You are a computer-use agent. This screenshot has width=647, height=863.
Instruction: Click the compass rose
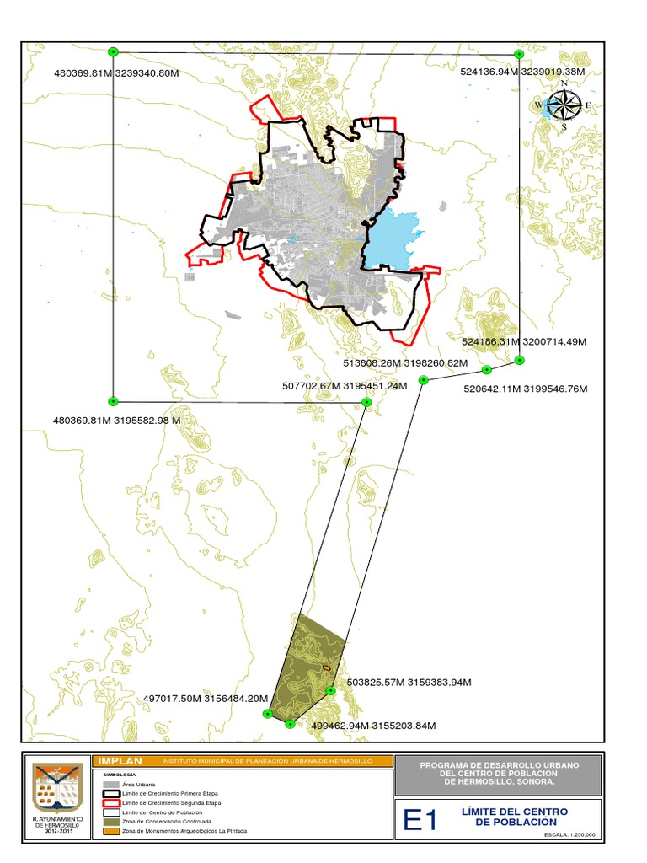(564, 106)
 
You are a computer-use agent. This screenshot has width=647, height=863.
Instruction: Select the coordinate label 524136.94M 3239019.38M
(523, 72)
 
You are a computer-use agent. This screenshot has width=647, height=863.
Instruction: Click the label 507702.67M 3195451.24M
(345, 386)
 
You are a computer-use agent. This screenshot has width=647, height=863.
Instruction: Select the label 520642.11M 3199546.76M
(526, 389)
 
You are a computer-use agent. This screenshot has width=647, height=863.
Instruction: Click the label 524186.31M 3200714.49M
(524, 342)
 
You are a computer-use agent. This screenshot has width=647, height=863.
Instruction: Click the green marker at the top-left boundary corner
(114, 52)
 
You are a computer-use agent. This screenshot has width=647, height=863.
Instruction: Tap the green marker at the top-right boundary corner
(519, 53)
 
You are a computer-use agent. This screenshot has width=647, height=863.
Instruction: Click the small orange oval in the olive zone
(325, 669)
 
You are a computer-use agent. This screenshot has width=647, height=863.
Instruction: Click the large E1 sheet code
(420, 820)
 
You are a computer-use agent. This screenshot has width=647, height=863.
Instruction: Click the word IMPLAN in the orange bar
(120, 761)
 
